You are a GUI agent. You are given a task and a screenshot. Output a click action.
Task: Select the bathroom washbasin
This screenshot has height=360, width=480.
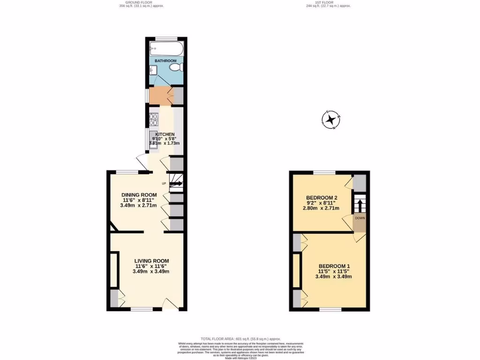click(152, 71)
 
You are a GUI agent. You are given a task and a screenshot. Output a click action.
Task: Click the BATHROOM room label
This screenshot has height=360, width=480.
click(165, 61)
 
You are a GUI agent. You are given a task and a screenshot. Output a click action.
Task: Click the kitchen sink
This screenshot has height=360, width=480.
click(153, 140)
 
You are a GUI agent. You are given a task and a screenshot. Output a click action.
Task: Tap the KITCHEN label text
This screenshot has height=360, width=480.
click(165, 135)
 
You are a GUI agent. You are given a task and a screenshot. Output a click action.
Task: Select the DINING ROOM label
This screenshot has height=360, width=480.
click(139, 195)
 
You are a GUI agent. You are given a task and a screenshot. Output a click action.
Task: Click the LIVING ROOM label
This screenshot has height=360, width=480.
click(151, 261)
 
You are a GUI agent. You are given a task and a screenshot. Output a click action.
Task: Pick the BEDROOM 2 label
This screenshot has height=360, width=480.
click(322, 197)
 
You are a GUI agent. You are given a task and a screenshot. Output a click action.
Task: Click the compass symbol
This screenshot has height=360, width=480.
click(331, 119)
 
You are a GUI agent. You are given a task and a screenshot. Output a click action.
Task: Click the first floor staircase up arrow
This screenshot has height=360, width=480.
click(360, 205)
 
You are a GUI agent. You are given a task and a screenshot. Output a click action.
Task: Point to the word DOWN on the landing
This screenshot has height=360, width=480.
click(360, 218)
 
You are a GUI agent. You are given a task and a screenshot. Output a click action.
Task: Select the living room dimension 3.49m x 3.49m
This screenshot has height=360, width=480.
click(151, 271)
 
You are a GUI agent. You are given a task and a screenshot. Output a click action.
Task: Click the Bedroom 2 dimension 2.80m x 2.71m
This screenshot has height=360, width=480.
click(322, 209)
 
